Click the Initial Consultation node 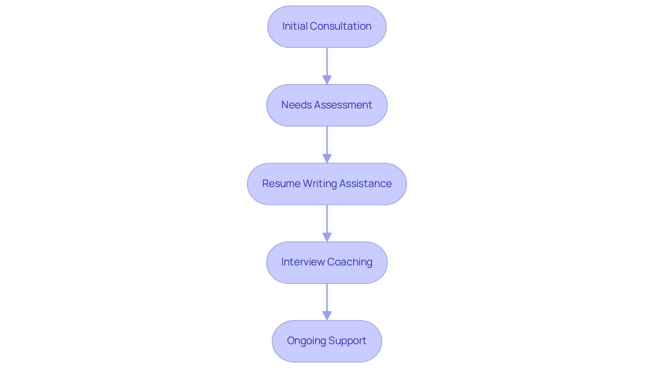tap(327, 27)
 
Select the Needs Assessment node tap(327, 105)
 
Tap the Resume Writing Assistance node tap(327, 184)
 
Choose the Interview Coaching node tap(327, 263)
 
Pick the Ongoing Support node tap(327, 341)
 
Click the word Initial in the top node tap(295, 26)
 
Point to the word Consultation tap(341, 26)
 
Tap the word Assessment tap(343, 105)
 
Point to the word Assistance tap(365, 184)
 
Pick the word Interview tap(303, 262)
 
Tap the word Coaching tap(350, 262)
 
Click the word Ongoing tap(306, 341)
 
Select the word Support tap(347, 341)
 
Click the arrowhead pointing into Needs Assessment tap(327, 80)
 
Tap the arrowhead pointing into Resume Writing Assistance tap(327, 158)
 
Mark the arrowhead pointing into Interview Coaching tap(327, 237)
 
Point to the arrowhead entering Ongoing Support tap(327, 316)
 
